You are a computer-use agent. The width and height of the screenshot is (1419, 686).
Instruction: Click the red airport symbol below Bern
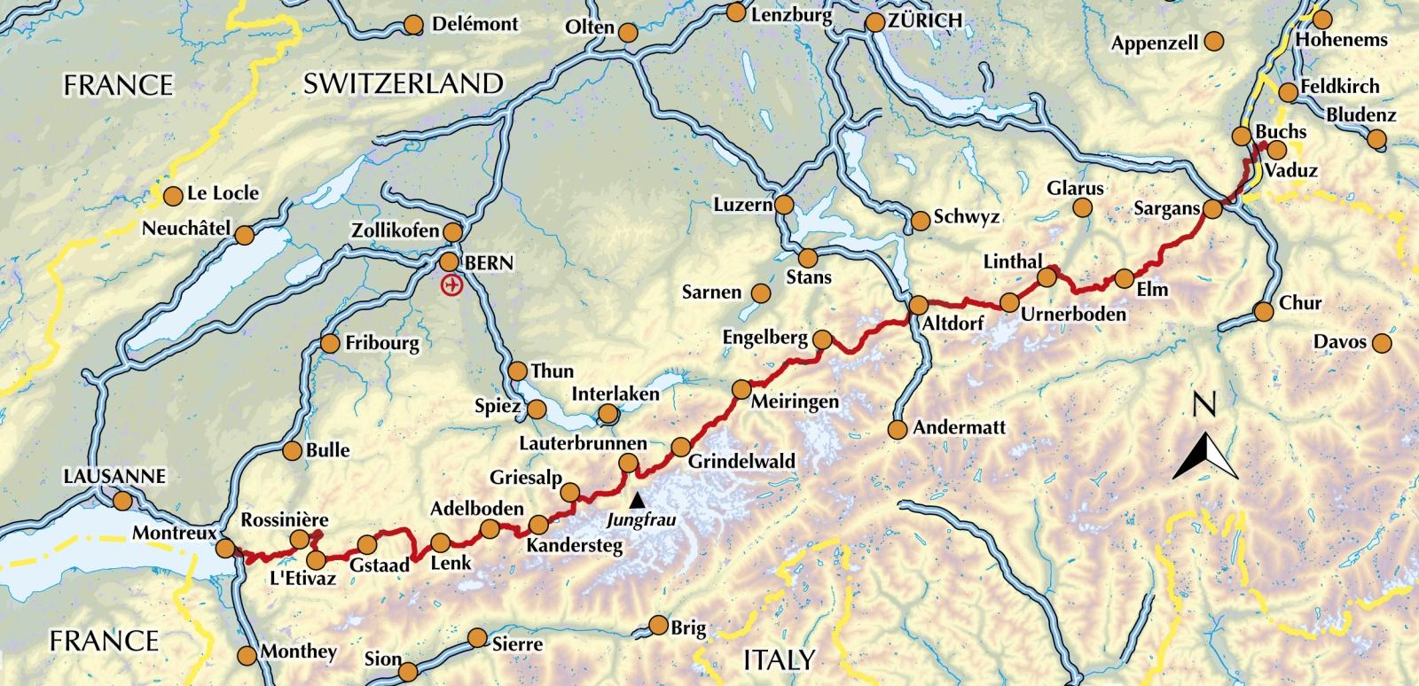click(x=452, y=285)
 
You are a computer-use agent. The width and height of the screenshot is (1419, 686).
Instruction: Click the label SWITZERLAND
click(x=404, y=84)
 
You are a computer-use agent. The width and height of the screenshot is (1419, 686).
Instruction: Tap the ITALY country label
click(x=778, y=659)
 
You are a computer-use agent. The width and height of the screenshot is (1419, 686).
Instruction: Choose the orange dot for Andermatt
click(x=898, y=430)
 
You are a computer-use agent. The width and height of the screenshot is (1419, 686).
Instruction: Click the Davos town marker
click(x=1381, y=343)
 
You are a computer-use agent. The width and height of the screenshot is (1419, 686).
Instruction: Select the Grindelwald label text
click(x=742, y=462)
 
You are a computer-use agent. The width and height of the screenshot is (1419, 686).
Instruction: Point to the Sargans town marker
click(x=1213, y=210)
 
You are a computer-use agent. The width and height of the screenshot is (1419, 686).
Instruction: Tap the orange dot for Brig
click(x=658, y=626)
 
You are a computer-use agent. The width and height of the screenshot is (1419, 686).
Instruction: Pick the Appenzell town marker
click(x=1214, y=41)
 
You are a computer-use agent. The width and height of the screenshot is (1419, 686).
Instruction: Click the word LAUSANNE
click(x=114, y=476)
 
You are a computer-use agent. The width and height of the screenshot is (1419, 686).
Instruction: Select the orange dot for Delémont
click(x=413, y=25)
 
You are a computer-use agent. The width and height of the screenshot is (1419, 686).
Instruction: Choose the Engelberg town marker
click(x=823, y=339)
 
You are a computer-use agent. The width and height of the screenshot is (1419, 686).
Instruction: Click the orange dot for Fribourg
click(x=330, y=344)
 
